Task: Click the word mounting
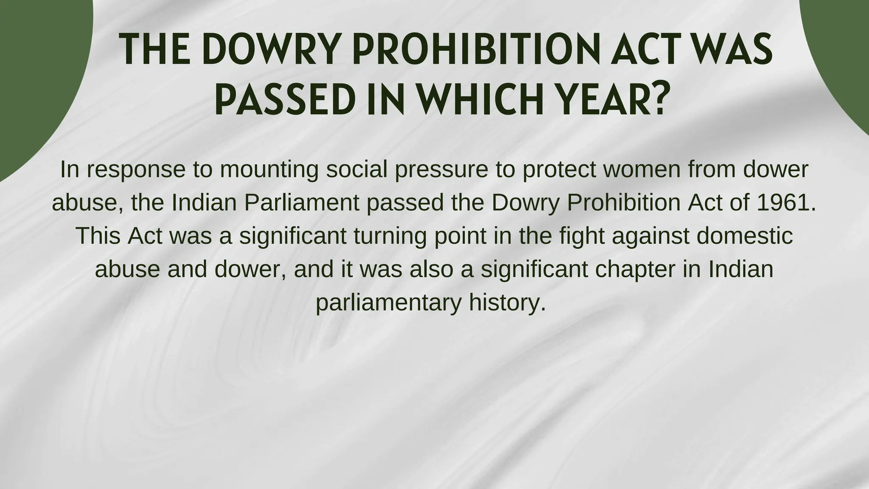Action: click(269, 169)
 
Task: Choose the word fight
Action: click(582, 236)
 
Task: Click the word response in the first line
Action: click(137, 169)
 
